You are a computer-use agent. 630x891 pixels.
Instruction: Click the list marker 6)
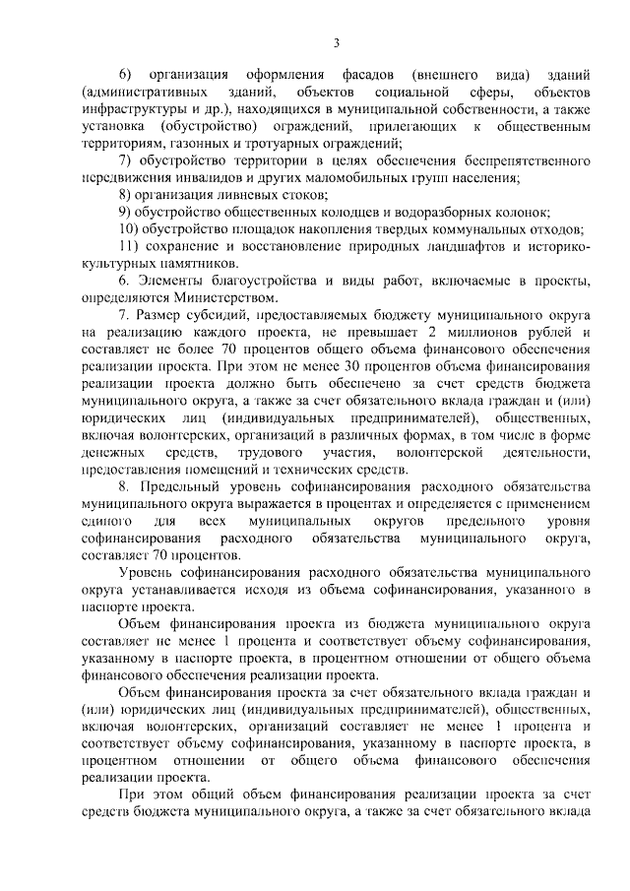[125, 75]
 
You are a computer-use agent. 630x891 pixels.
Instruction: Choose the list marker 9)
[125, 213]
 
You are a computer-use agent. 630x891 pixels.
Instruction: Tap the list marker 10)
[128, 229]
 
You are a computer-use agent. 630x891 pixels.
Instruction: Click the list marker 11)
[128, 247]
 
